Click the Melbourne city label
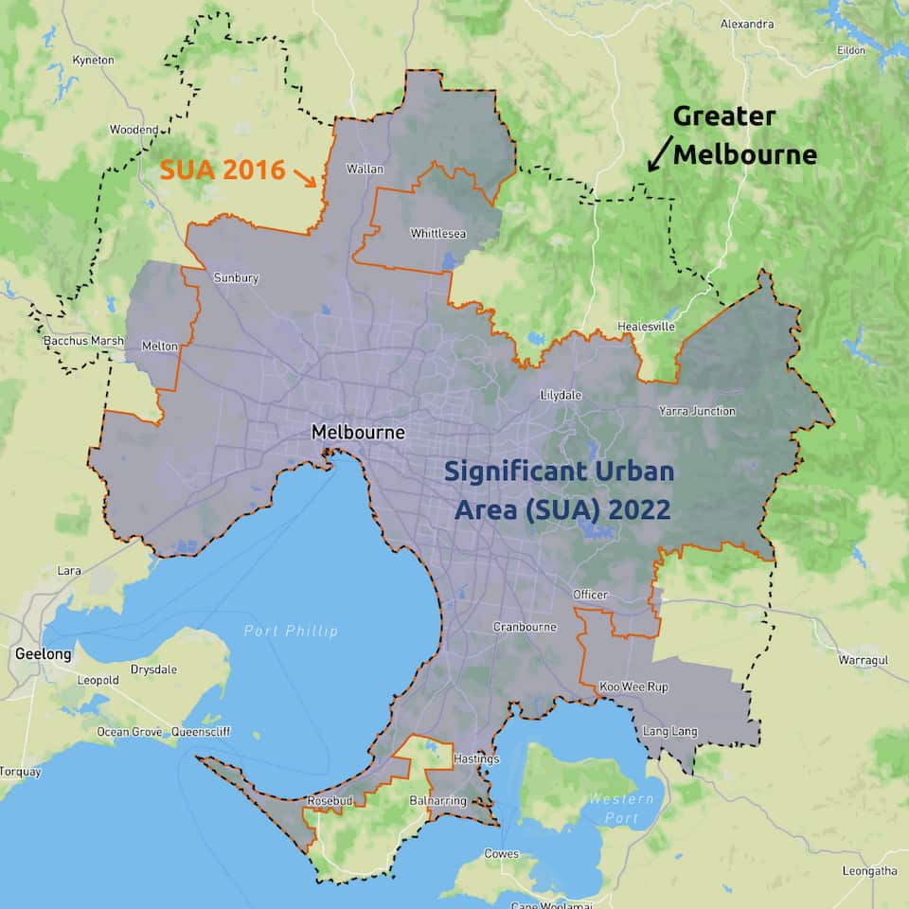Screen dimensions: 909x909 click(x=358, y=433)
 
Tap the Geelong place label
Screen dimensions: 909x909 click(x=43, y=653)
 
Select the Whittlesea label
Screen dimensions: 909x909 click(x=437, y=233)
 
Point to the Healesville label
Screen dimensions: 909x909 click(x=646, y=326)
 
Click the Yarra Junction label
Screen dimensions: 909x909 click(x=697, y=411)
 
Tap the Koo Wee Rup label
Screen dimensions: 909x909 click(x=633, y=686)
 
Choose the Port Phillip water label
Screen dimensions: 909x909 click(x=290, y=631)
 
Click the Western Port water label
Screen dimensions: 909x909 click(x=620, y=808)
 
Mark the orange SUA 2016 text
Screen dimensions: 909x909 click(x=223, y=169)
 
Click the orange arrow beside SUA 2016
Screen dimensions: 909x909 click(x=306, y=176)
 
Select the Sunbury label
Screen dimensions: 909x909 click(x=236, y=278)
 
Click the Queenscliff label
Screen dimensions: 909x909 click(x=201, y=732)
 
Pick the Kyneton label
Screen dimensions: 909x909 click(x=93, y=60)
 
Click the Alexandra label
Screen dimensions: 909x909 click(x=747, y=24)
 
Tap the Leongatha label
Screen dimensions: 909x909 click(x=869, y=870)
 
